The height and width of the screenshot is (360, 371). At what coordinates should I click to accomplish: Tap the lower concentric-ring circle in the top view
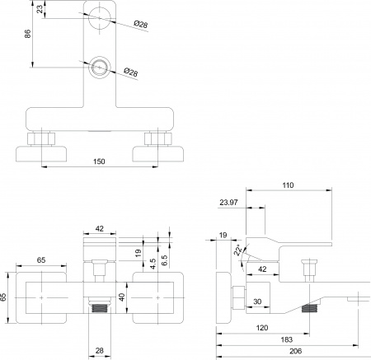pyautogui.click(x=100, y=68)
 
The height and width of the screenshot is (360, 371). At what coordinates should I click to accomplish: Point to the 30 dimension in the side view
pyautogui.click(x=257, y=302)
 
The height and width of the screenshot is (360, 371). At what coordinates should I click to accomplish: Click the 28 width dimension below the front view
pyautogui.click(x=99, y=352)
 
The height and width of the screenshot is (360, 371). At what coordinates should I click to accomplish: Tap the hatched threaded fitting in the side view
pyautogui.click(x=310, y=311)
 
